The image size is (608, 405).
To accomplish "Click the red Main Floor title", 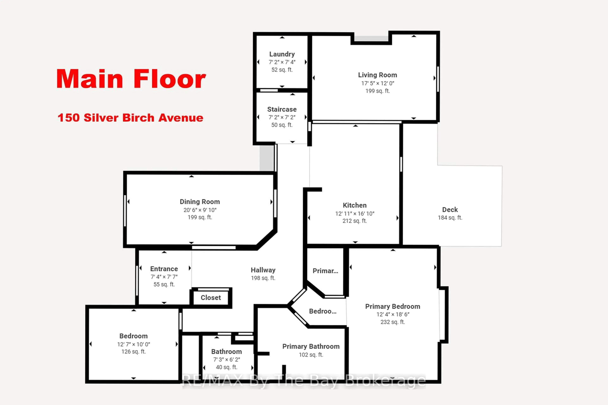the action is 131,79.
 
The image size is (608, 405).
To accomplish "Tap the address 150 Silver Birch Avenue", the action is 130,118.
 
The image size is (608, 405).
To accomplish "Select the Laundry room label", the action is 282,54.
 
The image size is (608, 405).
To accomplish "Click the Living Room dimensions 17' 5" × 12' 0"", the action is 378,83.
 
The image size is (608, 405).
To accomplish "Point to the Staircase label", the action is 282,109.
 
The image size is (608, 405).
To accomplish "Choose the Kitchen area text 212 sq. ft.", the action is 355,221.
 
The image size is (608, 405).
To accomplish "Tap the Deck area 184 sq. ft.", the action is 450,218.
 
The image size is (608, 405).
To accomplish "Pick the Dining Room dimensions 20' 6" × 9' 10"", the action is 200,210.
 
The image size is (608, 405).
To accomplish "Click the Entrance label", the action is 164,269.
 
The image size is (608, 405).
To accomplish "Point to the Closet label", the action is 211,298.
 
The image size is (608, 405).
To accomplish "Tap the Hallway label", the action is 263,270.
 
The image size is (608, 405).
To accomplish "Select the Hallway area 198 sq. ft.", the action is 263,278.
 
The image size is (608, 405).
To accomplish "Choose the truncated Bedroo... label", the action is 323,311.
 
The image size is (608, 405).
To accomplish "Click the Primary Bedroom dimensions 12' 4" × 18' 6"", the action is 393,314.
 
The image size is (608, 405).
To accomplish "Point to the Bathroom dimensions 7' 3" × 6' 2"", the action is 227,360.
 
